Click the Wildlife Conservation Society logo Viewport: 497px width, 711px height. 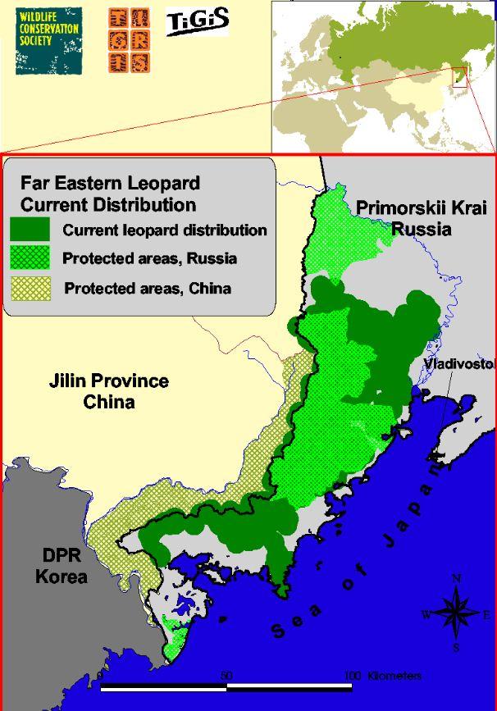(x=48, y=39)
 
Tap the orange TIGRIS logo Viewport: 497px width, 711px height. (x=130, y=41)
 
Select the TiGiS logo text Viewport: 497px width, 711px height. (x=198, y=22)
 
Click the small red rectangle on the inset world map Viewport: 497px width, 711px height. (x=459, y=77)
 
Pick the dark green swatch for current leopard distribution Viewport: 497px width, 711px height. (x=30, y=230)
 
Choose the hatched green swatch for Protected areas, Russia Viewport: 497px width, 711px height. (x=30, y=258)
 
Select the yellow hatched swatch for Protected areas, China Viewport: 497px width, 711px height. (x=30, y=288)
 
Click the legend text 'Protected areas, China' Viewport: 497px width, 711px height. (x=148, y=288)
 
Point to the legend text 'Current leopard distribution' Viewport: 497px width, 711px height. (x=165, y=230)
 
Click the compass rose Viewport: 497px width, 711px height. (x=456, y=613)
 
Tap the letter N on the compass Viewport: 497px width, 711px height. (x=456, y=578)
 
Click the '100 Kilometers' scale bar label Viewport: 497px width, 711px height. (x=383, y=676)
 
